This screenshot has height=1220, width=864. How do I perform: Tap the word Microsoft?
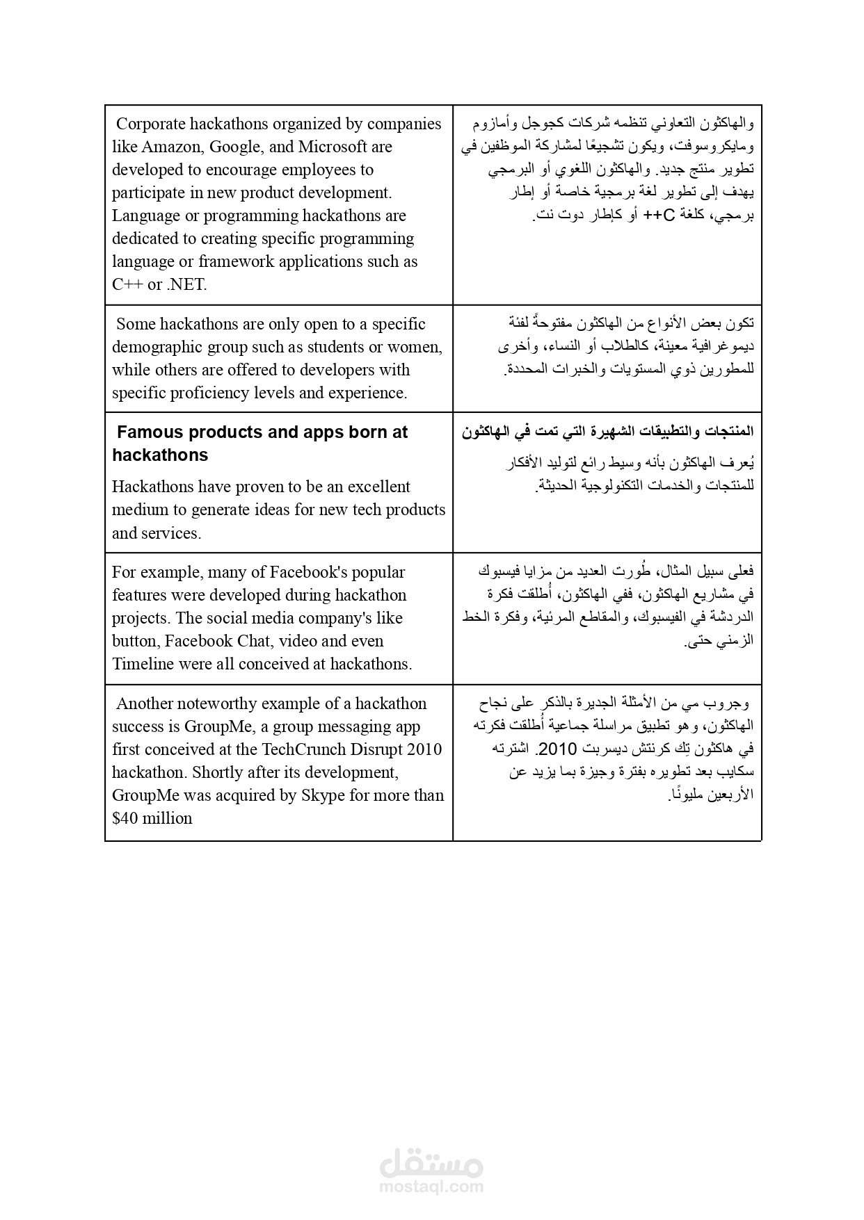(333, 147)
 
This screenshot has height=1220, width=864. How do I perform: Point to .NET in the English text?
(186, 284)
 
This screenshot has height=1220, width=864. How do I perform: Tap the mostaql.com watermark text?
(431, 1187)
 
